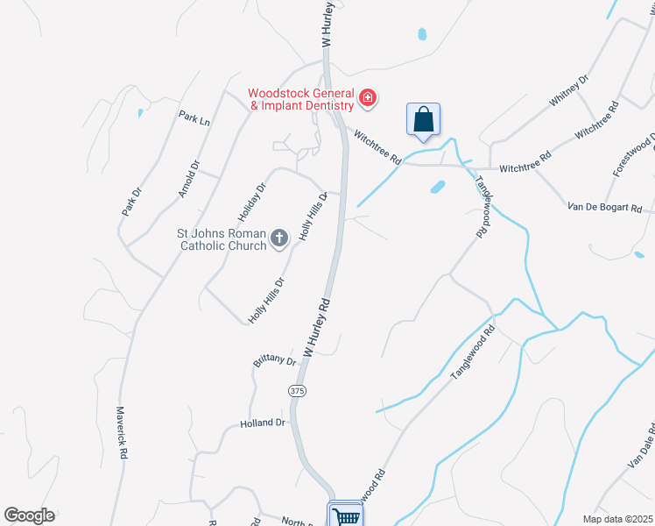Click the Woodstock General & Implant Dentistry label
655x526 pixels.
[x=300, y=99]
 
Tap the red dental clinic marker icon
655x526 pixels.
[x=368, y=97]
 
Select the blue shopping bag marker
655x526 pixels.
[x=423, y=120]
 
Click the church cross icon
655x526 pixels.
[x=279, y=238]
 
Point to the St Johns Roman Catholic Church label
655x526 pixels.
[x=222, y=239]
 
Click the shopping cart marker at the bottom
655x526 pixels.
[x=345, y=515]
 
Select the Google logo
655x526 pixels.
[x=29, y=515]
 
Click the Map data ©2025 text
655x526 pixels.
[x=616, y=519]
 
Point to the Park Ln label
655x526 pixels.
[x=194, y=117]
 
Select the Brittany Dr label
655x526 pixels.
[x=275, y=360]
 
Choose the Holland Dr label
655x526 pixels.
[x=263, y=423]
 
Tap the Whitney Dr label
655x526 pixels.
[x=569, y=91]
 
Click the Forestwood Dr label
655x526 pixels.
[x=634, y=157]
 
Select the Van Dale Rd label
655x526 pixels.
[x=640, y=451]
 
